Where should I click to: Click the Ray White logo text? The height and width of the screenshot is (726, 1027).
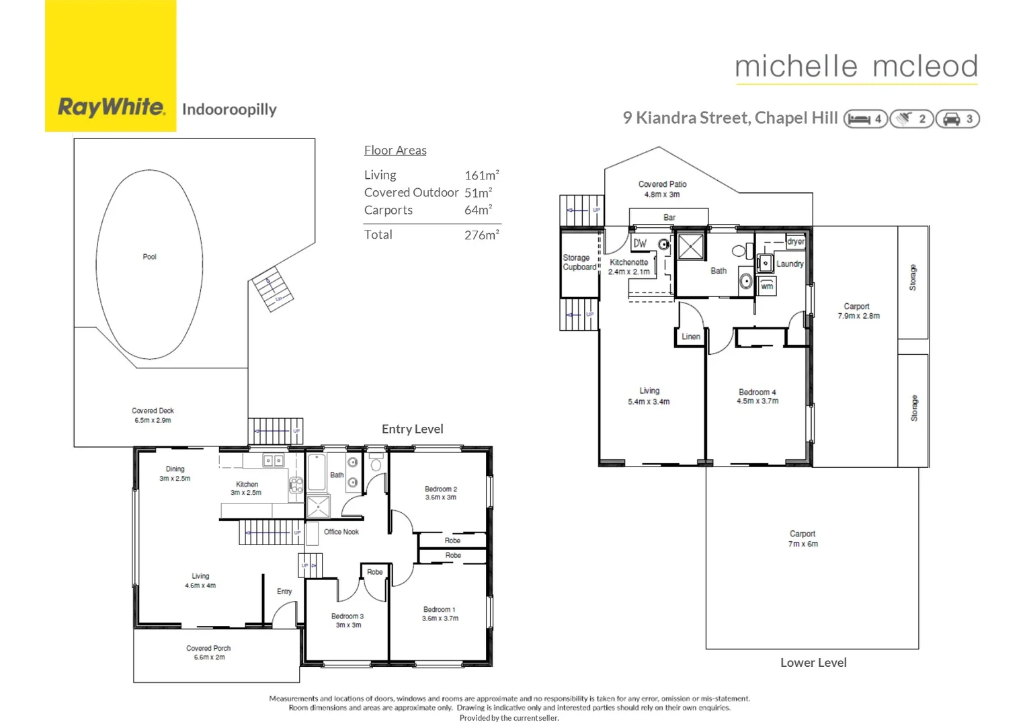pyautogui.click(x=111, y=108)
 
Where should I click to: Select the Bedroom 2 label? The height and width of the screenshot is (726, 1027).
pyautogui.click(x=440, y=489)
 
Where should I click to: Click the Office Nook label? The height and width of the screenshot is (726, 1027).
pyautogui.click(x=341, y=532)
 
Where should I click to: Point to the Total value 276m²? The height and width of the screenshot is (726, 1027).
pyautogui.click(x=481, y=235)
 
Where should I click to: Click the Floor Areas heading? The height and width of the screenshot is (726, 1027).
pyautogui.click(x=395, y=151)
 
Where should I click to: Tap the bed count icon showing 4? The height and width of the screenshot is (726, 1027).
pyautogui.click(x=866, y=119)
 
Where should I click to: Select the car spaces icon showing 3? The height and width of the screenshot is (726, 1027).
pyautogui.click(x=958, y=119)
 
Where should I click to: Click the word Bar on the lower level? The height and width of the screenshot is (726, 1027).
pyautogui.click(x=669, y=217)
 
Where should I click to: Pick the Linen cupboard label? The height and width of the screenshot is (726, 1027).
pyautogui.click(x=691, y=337)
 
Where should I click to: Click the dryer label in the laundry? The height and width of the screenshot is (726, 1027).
pyautogui.click(x=796, y=241)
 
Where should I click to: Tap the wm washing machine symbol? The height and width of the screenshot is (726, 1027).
pyautogui.click(x=767, y=286)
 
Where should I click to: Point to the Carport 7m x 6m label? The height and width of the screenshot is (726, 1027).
pyautogui.click(x=803, y=538)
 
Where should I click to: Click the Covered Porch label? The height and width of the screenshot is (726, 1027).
pyautogui.click(x=208, y=653)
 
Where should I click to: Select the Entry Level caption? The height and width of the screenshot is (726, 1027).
pyautogui.click(x=412, y=429)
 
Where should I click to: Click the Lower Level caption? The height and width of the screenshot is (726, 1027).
pyautogui.click(x=813, y=663)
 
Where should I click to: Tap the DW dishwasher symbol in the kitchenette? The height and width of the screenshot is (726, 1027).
pyautogui.click(x=640, y=243)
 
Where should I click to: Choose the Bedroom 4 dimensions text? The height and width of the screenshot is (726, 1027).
pyautogui.click(x=757, y=401)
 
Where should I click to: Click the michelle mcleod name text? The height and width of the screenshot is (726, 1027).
pyautogui.click(x=856, y=67)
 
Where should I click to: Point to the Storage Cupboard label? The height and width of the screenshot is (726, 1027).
pyautogui.click(x=579, y=262)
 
